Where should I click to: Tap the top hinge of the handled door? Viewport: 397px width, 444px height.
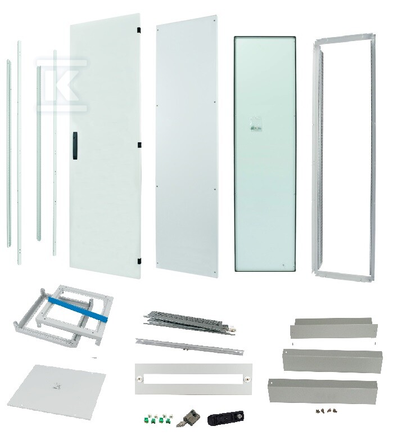click(139, 29)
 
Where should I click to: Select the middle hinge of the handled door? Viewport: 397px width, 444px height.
click(139, 145)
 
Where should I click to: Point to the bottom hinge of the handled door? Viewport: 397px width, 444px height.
click(139, 261)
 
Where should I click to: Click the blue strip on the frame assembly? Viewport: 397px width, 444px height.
click(78, 309)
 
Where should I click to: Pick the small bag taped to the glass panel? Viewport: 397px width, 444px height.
click(256, 125)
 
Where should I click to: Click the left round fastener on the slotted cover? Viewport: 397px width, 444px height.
click(139, 378)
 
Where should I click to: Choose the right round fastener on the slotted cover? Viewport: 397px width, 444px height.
click(247, 378)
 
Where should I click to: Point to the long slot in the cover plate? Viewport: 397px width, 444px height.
click(193, 379)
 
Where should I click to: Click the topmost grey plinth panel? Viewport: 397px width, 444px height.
click(334, 328)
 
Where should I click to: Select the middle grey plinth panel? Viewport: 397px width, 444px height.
click(332, 360)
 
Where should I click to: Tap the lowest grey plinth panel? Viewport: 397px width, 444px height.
click(323, 391)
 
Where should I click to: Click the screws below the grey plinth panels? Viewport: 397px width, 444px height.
click(328, 410)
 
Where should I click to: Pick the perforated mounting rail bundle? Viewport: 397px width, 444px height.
click(190, 322)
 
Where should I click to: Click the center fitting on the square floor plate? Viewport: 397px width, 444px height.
click(57, 386)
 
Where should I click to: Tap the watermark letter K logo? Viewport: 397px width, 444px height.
click(61, 85)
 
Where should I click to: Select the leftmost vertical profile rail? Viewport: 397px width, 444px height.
click(9, 153)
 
